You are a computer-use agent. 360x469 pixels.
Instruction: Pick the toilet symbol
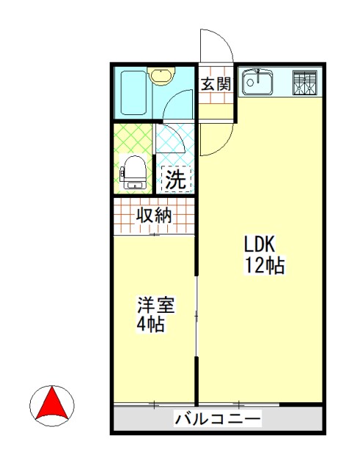[x=133, y=173]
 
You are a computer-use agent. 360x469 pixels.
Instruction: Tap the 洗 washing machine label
[x=175, y=180]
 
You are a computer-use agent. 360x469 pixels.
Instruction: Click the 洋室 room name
[x=155, y=304]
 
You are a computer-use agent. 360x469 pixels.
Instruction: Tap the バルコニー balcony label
[x=218, y=420]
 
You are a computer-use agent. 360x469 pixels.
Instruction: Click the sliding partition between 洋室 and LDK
[x=196, y=315]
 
